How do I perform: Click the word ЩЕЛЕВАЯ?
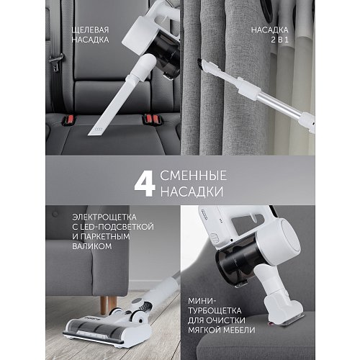[90, 30]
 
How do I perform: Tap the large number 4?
[145, 184]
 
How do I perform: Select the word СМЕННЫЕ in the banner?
[194, 176]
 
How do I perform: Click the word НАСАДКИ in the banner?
[192, 192]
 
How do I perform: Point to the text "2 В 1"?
[279, 40]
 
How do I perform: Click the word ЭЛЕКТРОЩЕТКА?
[104, 217]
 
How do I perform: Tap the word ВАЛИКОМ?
[92, 246]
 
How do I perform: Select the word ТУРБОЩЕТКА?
[215, 310]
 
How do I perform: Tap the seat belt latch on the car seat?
[56, 62]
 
